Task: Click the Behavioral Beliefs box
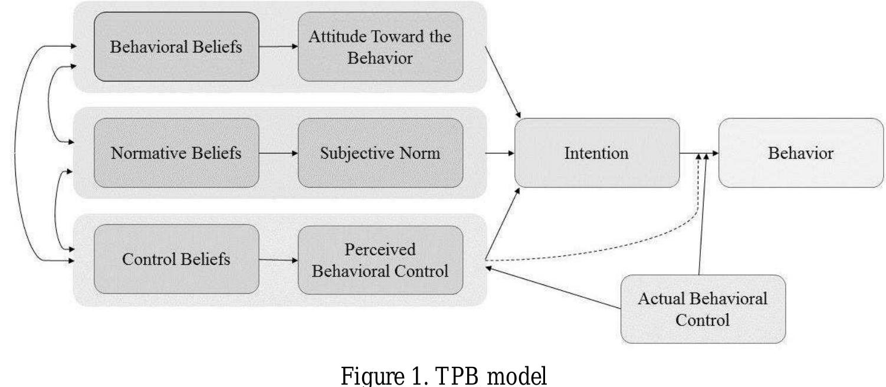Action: pos(176,47)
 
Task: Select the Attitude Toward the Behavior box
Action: pos(380,47)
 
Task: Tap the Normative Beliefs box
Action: pos(176,153)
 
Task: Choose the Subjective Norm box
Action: pos(380,153)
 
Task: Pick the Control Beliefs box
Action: pos(176,259)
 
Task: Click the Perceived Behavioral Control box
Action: pos(380,259)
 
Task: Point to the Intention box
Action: pos(596,153)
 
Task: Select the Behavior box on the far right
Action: pos(800,153)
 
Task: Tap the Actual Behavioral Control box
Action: pos(703,309)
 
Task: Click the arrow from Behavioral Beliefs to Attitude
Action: pos(278,47)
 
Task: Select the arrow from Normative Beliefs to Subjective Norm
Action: pos(278,153)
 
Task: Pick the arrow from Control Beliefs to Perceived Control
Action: pos(278,259)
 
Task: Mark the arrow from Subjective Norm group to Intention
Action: pos(500,153)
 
